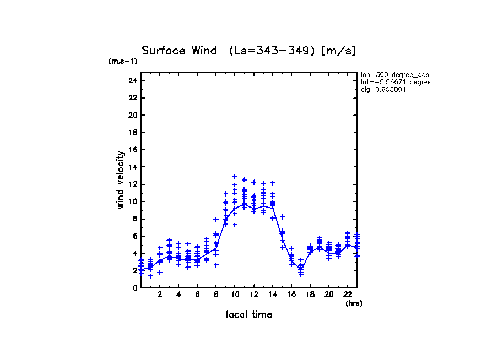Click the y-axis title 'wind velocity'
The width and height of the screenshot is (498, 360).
(121, 180)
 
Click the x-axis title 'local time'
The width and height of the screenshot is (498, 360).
(248, 314)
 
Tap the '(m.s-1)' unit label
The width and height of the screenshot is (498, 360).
(122, 62)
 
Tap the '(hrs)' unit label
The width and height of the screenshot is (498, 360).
(354, 303)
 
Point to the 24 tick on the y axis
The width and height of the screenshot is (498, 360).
(132, 80)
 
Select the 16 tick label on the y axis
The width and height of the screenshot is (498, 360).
(132, 150)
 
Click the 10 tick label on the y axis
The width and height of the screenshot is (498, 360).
(132, 201)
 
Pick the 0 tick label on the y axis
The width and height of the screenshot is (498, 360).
(134, 288)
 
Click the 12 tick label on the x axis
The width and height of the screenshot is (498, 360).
(253, 294)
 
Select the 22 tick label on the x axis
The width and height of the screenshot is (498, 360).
(348, 294)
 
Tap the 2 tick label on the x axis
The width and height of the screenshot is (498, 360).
(160, 294)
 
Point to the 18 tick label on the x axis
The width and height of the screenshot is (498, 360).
(310, 294)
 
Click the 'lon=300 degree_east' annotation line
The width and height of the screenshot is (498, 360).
(394, 74)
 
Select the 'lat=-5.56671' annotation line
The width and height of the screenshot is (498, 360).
(394, 82)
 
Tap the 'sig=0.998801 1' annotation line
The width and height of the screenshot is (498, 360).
(387, 89)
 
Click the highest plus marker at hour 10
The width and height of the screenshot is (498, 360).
(235, 176)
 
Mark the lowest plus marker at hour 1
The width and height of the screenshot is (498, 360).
(150, 276)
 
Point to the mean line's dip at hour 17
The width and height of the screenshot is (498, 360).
(301, 268)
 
